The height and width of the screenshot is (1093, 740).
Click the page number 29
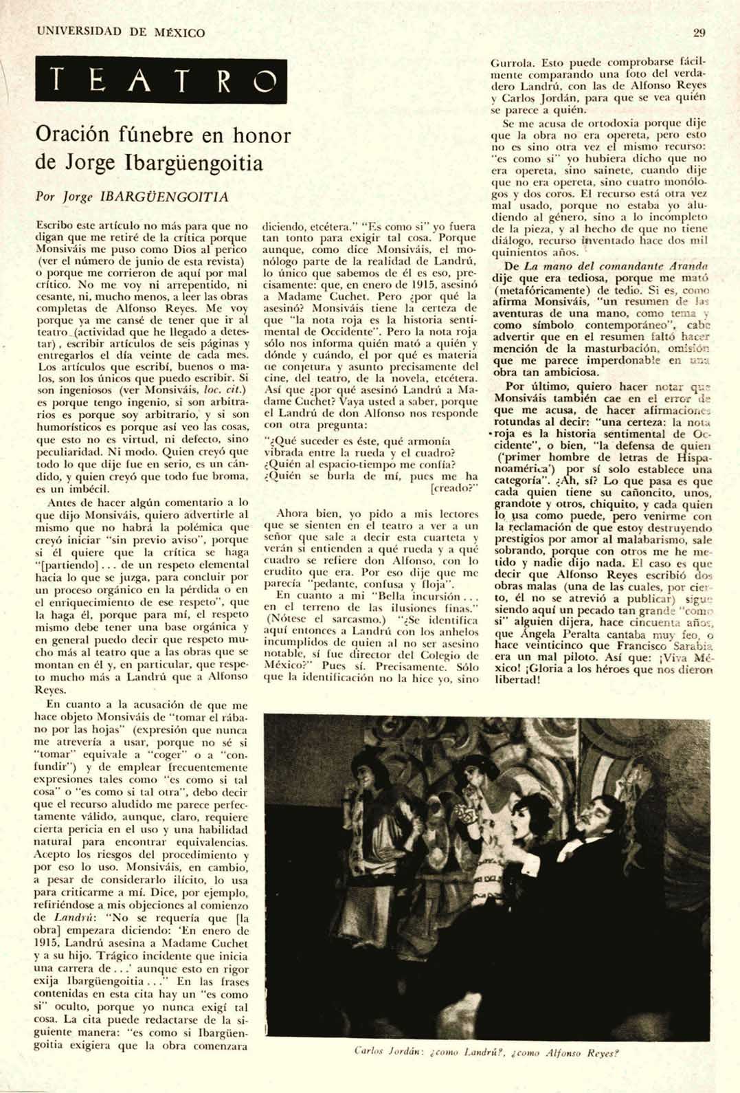[701, 32]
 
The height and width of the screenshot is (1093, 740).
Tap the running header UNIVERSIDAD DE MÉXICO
[121, 32]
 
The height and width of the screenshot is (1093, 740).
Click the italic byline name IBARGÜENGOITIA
[164, 197]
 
